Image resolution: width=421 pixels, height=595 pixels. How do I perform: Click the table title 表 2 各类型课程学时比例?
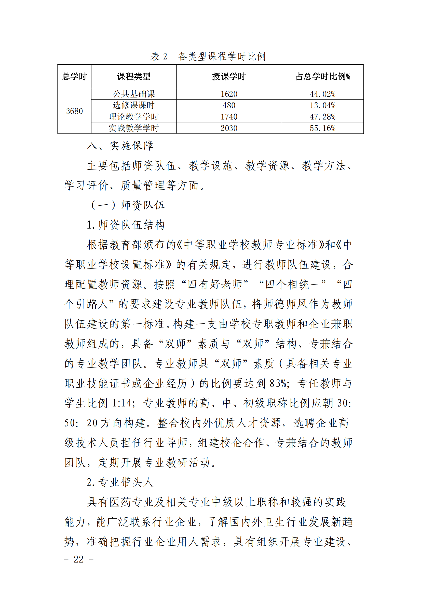tap(208, 56)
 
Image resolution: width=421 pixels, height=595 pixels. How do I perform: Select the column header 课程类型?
tap(134, 76)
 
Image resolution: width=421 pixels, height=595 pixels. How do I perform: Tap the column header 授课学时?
tap(229, 76)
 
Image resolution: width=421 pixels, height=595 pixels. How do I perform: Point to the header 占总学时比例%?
tap(322, 76)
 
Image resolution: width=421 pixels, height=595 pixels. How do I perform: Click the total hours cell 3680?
tap(74, 111)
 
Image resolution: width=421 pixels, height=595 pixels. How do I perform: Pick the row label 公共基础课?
tap(134, 94)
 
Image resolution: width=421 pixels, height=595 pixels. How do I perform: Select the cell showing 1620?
tap(229, 94)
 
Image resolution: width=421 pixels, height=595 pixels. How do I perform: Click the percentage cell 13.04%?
tap(322, 105)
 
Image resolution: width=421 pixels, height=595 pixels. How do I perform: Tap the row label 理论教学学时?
tap(134, 117)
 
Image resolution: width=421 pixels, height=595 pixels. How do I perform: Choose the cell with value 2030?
tap(229, 128)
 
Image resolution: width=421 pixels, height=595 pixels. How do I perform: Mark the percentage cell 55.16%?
tap(322, 128)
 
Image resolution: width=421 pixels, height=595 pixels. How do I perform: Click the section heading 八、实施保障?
tap(120, 146)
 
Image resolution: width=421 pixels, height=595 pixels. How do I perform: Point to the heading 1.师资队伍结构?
tap(126, 225)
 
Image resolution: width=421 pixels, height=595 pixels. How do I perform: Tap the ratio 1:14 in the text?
tap(122, 403)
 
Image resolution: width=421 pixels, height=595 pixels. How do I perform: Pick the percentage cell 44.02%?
tap(322, 94)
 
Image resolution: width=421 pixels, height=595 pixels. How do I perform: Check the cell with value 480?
tap(229, 105)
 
